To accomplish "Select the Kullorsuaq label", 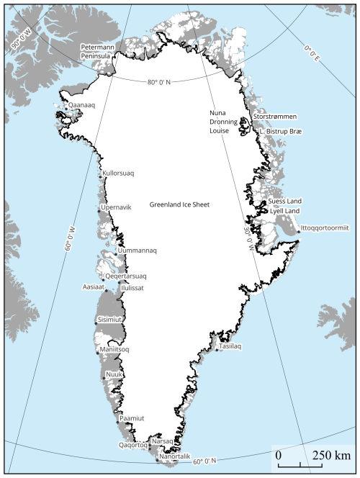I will click(119, 173).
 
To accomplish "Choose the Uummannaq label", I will click(136, 251).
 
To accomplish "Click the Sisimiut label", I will click(110, 319).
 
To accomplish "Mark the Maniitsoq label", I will click(114, 351).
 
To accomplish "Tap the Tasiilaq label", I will click(230, 346).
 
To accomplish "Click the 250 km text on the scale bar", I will click(331, 456).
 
